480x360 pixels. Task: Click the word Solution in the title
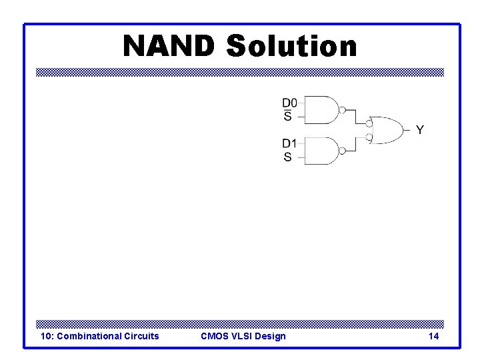(x=291, y=46)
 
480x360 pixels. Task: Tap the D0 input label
(x=289, y=103)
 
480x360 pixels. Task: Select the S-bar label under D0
(x=287, y=117)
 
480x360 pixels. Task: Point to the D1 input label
(x=289, y=144)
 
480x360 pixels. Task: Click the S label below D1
(x=287, y=158)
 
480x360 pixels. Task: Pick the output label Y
(x=419, y=130)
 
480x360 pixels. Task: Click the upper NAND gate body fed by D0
(x=321, y=110)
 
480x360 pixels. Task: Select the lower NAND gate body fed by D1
(x=321, y=151)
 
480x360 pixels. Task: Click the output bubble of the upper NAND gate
(x=342, y=110)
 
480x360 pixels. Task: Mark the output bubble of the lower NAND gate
(x=342, y=151)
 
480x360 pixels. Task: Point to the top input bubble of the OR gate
(x=368, y=123)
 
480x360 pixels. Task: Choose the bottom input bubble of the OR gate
(x=368, y=137)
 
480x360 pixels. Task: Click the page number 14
(x=433, y=336)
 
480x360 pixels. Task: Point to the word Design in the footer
(x=270, y=336)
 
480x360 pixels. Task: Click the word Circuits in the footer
(x=142, y=336)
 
